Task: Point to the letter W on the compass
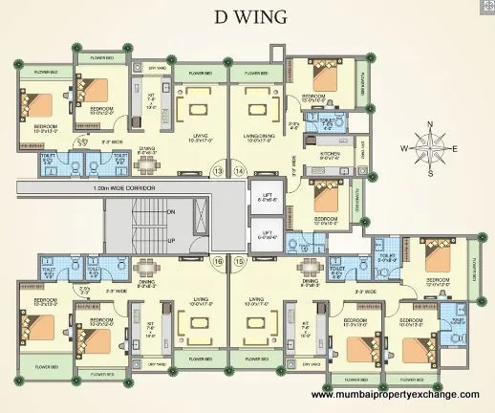pos(405,148)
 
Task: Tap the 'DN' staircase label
pos(170,210)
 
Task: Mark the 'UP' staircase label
pos(170,243)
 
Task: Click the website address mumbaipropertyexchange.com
pos(394,394)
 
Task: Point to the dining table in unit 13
pos(146,163)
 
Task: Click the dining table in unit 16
pos(146,270)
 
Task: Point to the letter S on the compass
pos(430,173)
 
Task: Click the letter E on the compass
pos(455,148)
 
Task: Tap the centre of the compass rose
pos(430,148)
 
